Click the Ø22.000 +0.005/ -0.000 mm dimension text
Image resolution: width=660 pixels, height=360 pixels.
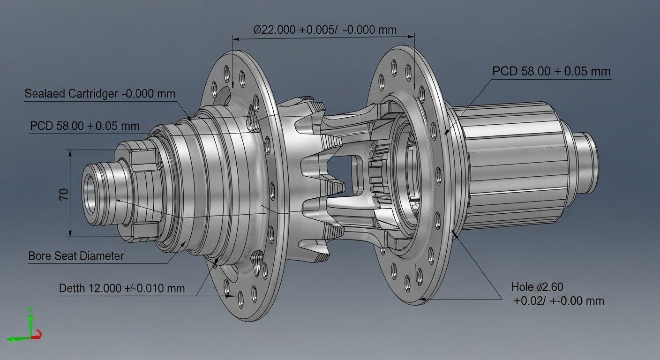325,30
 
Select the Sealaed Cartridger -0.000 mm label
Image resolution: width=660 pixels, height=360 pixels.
99,94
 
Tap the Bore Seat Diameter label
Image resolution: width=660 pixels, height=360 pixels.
76,256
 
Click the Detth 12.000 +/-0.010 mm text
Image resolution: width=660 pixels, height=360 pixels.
121,288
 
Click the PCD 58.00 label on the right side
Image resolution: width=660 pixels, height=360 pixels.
551,72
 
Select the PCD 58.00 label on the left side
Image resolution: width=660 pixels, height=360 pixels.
84,126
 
